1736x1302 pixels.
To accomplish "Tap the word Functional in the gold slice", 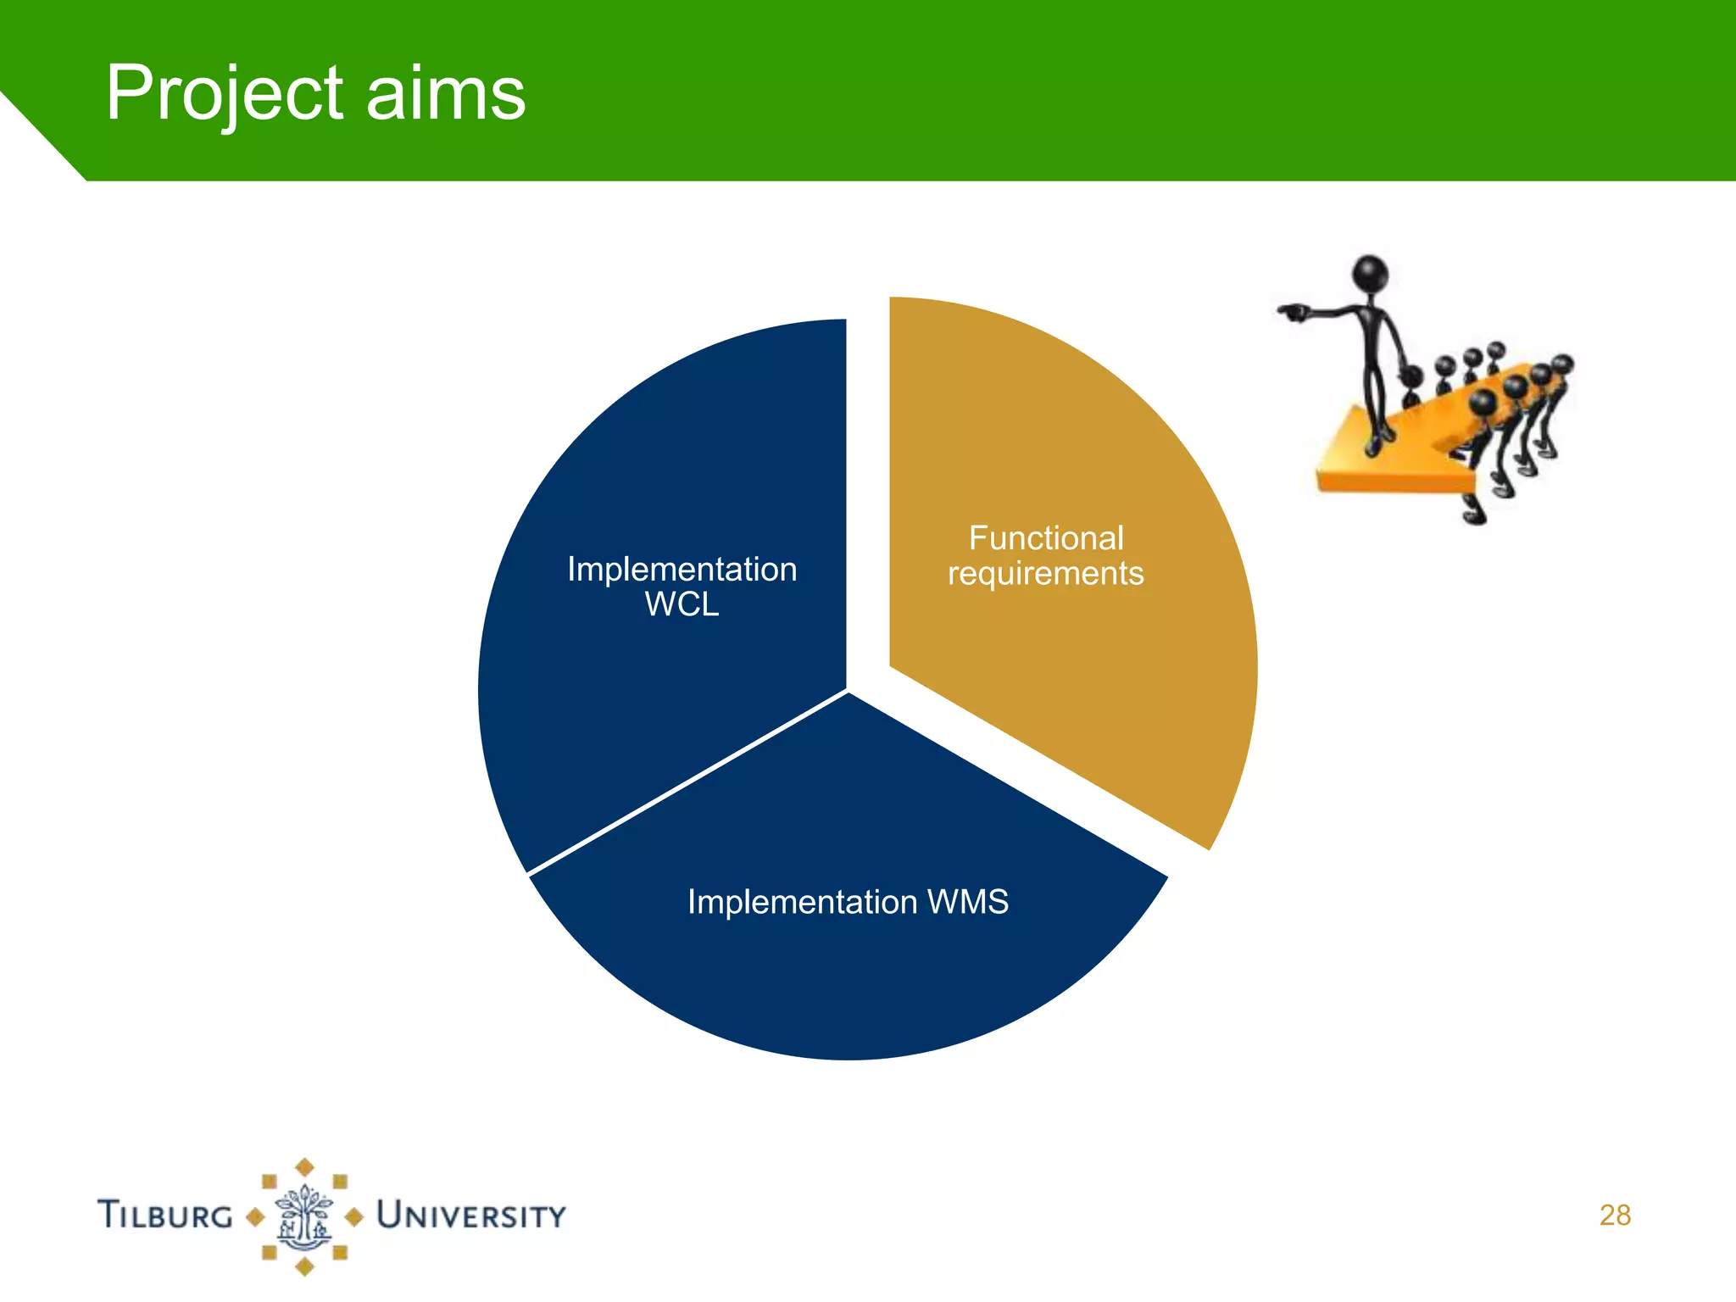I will click(1045, 538).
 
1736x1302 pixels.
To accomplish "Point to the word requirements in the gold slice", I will click(1045, 574).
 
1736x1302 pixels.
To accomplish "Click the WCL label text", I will click(682, 604).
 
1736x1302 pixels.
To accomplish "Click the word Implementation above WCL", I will click(682, 569).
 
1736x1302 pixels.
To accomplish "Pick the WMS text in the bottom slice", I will click(967, 901).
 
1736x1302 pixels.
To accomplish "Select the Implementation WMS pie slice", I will click(848, 975).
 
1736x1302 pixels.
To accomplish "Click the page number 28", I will click(1615, 1215).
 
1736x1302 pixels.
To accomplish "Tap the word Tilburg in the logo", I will click(165, 1215).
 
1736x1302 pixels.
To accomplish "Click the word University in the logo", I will click(470, 1215).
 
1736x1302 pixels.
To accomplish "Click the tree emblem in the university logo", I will click(304, 1217).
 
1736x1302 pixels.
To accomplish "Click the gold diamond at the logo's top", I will click(305, 1167).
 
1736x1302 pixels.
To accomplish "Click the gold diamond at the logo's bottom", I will click(305, 1268).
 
